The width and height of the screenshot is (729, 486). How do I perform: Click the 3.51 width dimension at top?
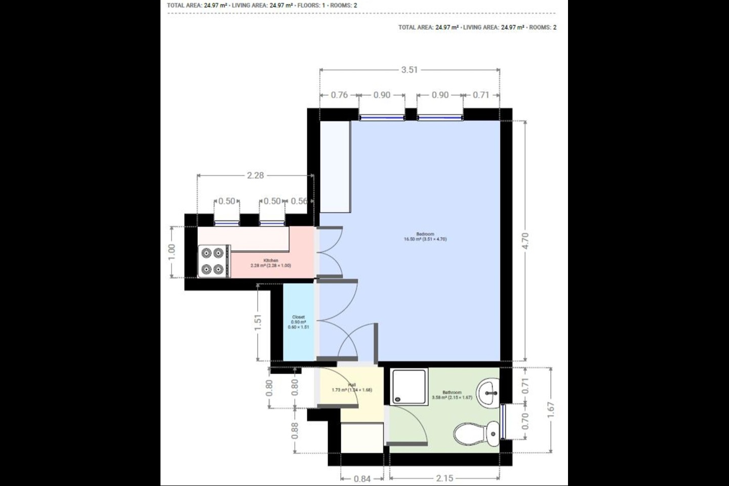click(x=409, y=70)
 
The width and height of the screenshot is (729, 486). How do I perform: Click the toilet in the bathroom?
click(x=476, y=434)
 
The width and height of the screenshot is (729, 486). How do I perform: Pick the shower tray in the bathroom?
click(x=409, y=386)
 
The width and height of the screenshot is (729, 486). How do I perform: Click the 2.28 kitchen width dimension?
click(x=255, y=175)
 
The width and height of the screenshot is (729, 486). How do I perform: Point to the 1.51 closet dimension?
click(x=258, y=322)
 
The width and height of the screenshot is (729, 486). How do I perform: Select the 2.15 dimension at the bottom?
click(x=444, y=478)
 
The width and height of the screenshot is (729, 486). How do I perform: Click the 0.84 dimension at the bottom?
click(x=362, y=478)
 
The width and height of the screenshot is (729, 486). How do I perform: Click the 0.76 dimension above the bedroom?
click(x=339, y=95)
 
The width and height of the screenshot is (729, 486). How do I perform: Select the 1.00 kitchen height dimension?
click(x=172, y=252)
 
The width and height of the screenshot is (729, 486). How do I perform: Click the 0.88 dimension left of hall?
click(x=295, y=430)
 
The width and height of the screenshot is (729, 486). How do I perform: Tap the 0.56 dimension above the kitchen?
click(x=299, y=201)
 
